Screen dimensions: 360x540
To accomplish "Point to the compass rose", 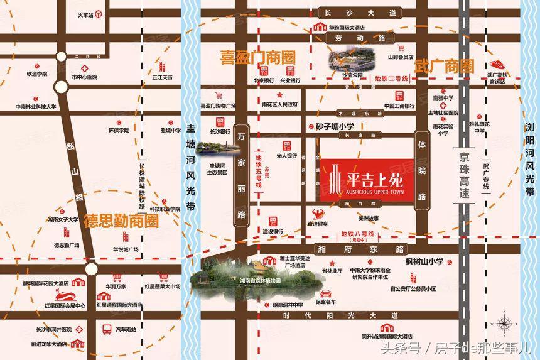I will (503, 324).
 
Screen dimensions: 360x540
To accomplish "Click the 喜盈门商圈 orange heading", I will (257, 57).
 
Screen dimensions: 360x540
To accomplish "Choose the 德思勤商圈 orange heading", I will (122, 221).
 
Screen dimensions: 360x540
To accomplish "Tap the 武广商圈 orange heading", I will (445, 66).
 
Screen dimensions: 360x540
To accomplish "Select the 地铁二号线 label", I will (391, 79).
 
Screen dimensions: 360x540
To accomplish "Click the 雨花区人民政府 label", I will (279, 104).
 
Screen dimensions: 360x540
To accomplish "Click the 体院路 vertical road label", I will (422, 170).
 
